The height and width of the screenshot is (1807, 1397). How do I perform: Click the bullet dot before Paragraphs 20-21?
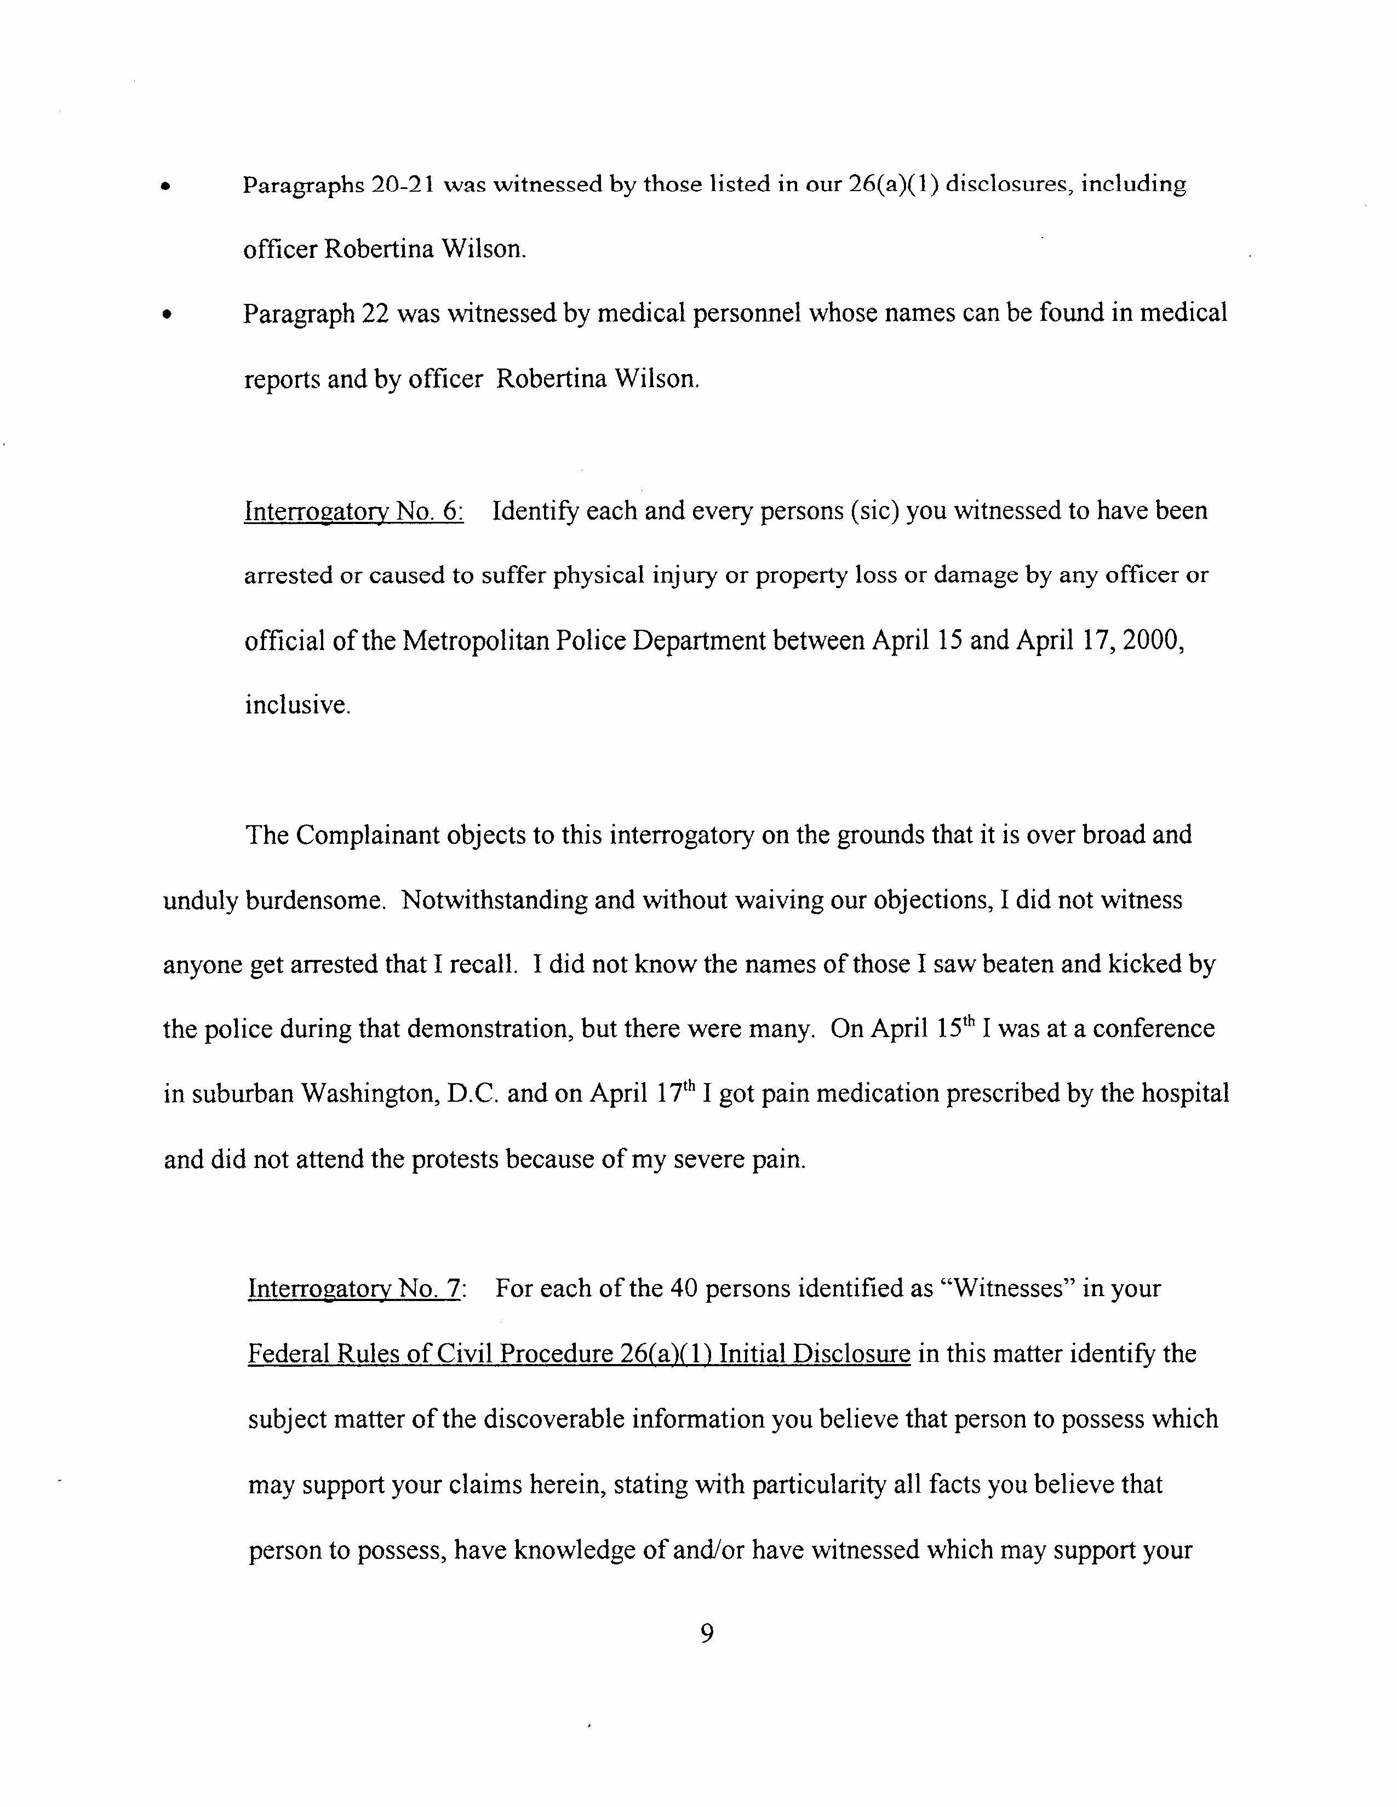pos(167,187)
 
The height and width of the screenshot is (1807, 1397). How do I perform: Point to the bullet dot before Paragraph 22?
pos(167,314)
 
